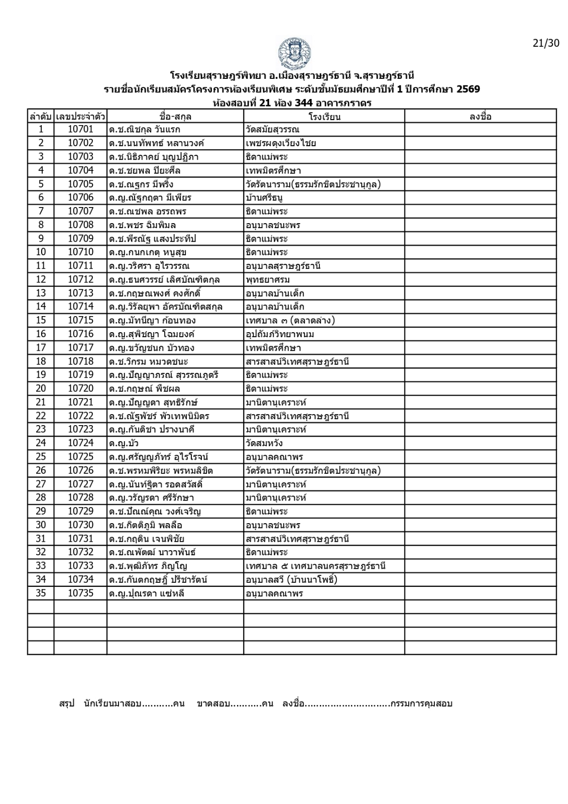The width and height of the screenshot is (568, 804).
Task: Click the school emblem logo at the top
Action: [x=294, y=53]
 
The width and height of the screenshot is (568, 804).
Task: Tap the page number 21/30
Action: [x=546, y=43]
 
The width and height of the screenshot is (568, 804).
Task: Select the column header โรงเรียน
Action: [x=324, y=117]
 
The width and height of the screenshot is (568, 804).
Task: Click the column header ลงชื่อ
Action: [x=480, y=117]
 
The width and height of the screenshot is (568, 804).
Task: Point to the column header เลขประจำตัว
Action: [x=80, y=117]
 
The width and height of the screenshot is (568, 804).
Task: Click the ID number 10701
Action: [x=80, y=130]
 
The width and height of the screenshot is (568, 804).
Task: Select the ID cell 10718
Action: [x=80, y=361]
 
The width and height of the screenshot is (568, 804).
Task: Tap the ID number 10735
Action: [x=80, y=593]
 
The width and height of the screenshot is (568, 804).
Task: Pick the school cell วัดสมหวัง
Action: [x=264, y=443]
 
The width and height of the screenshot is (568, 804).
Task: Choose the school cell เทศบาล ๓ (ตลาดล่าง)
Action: [x=290, y=321]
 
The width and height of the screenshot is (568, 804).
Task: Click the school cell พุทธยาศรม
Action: [x=268, y=279]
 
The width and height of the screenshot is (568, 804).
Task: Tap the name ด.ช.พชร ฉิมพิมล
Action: [x=143, y=225]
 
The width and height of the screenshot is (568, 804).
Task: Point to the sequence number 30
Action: [x=41, y=525]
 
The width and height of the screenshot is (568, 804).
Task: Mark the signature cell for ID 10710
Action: [x=480, y=252]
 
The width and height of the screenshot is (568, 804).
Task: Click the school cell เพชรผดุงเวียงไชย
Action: [x=281, y=143]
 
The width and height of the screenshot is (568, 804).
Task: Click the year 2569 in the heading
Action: [x=468, y=90]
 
